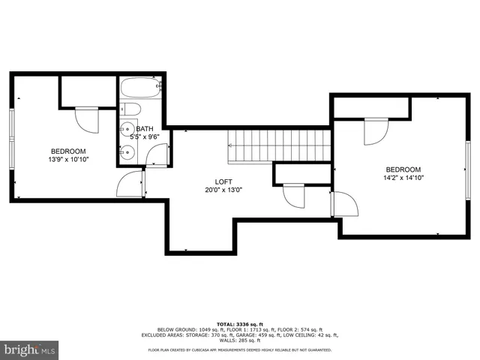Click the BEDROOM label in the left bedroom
pos(68,151)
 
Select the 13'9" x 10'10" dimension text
pos(68,160)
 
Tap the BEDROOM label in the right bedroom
pos(403,169)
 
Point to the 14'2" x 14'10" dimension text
pos(403,178)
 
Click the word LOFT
pos(223,181)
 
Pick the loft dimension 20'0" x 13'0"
pos(223,190)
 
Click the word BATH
pos(144,129)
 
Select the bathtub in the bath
pos(139,88)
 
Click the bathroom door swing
pos(157,154)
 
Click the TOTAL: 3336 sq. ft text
pos(241,323)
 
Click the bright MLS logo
pos(29,349)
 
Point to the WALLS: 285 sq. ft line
pos(241,340)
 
